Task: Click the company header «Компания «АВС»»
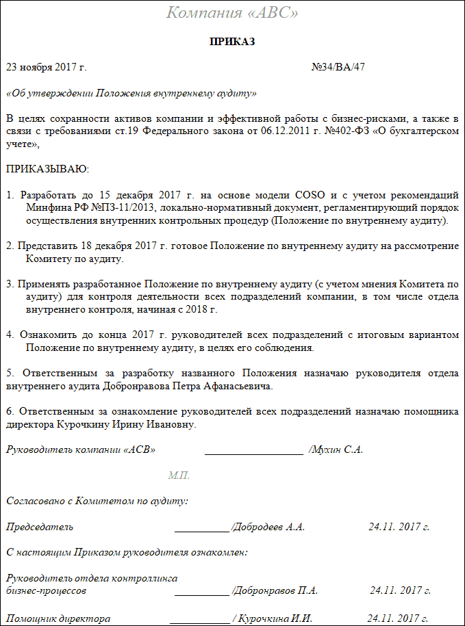(232, 13)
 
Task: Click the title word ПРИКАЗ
(232, 42)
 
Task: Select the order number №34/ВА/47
(338, 67)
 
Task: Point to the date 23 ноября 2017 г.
(47, 67)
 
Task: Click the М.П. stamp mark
(179, 475)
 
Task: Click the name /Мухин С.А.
(336, 449)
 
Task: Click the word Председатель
(40, 527)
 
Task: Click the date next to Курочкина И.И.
(398, 618)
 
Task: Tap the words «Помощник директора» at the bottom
(58, 618)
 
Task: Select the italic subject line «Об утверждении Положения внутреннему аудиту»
(131, 92)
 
